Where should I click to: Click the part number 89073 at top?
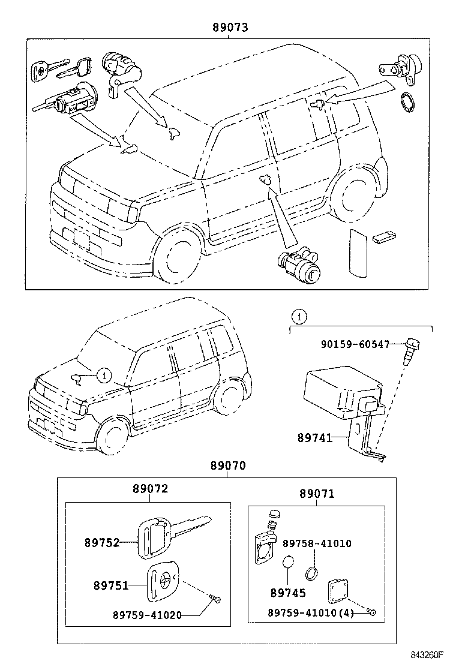click(230, 28)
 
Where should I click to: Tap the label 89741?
click(316, 438)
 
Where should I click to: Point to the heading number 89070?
click(227, 466)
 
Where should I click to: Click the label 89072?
click(150, 489)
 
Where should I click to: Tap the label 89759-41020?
click(147, 614)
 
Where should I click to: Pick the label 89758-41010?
click(317, 543)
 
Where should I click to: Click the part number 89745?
click(288, 593)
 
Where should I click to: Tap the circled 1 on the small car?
click(104, 376)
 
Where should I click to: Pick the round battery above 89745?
click(288, 563)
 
